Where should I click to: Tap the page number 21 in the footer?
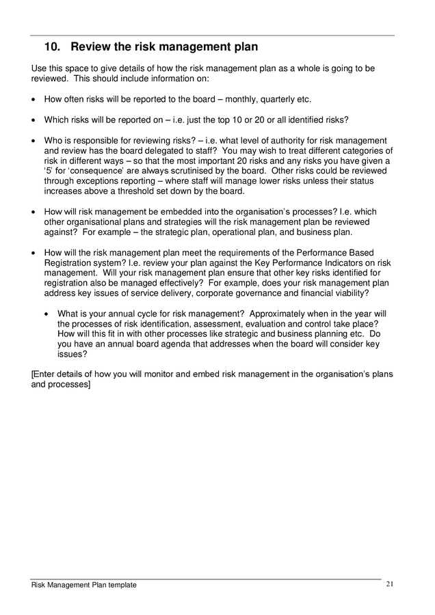pyautogui.click(x=390, y=584)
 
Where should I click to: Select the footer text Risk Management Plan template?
pyautogui.click(x=84, y=585)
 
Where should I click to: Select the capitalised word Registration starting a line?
pyautogui.click(x=68, y=263)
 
